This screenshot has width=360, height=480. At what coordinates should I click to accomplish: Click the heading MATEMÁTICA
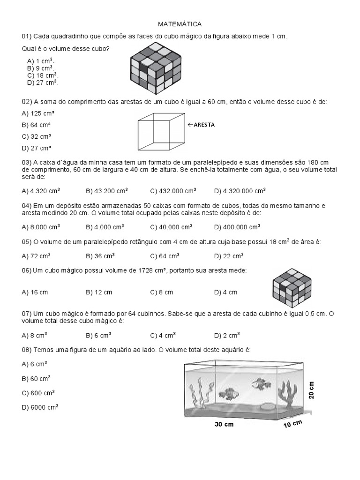click(x=180, y=23)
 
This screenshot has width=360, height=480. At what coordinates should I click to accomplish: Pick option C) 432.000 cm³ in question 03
click(x=173, y=191)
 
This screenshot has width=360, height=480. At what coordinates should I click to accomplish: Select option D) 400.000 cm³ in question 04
click(x=237, y=227)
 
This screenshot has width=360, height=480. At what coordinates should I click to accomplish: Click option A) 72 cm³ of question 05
click(x=37, y=256)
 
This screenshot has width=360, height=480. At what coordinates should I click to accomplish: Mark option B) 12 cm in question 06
click(x=99, y=292)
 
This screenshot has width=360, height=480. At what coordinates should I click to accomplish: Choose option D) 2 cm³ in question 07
click(x=227, y=335)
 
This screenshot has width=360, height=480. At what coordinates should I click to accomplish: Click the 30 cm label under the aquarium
click(x=224, y=424)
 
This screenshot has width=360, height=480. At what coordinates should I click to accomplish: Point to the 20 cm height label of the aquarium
click(x=311, y=390)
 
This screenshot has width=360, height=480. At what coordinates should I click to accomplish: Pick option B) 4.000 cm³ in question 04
click(x=105, y=227)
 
